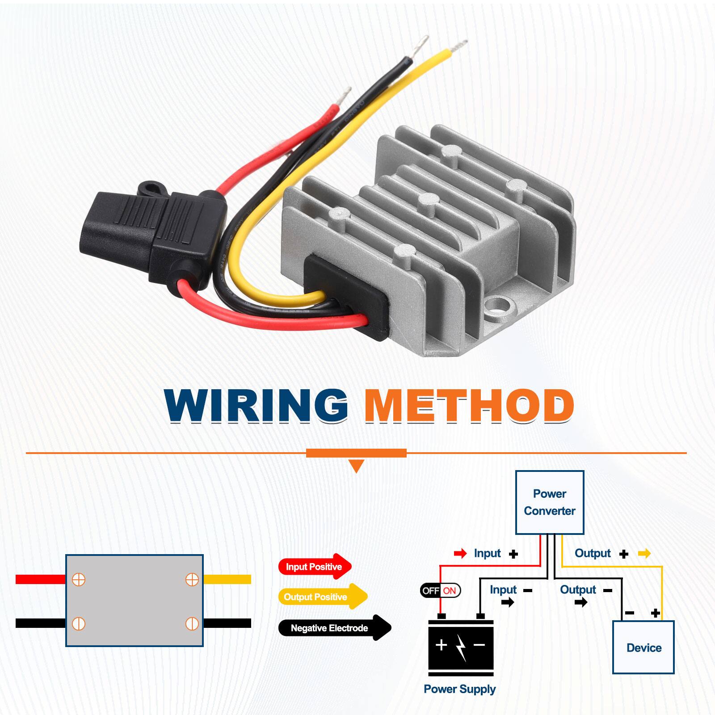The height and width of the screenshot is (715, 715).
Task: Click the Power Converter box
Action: [549, 502]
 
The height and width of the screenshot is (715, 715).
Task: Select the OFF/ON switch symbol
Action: [440, 591]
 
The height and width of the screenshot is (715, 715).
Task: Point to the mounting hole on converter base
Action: [498, 307]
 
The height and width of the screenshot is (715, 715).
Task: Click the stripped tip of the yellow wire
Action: [460, 45]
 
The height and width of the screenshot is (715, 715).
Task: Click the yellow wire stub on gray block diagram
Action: [227, 580]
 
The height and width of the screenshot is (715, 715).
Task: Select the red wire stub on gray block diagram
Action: [40, 580]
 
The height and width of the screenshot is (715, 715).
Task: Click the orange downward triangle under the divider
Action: [356, 467]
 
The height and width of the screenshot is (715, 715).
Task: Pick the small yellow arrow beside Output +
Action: [644, 554]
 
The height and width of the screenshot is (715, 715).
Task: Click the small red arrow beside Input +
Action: [460, 554]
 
